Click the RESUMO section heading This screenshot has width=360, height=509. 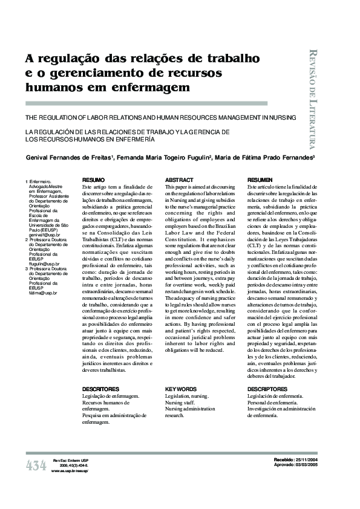point(93,180)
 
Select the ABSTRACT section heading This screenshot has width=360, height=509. point(179,180)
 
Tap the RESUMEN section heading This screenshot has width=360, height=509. point(260,180)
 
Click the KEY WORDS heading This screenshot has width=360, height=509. point(181,389)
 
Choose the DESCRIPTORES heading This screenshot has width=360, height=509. point(267,389)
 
